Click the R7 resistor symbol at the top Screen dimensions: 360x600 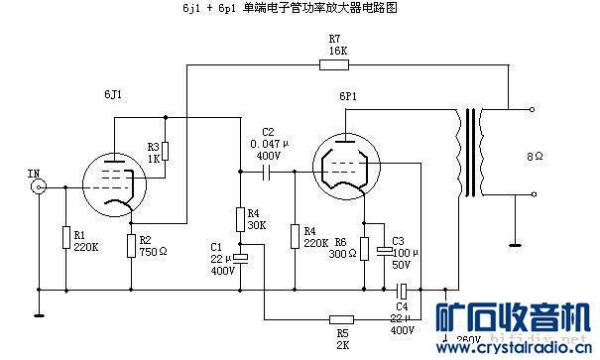pyautogui.click(x=334, y=65)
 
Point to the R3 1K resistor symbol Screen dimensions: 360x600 pyautogui.click(x=167, y=151)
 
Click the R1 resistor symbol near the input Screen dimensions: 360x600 pyautogui.click(x=65, y=239)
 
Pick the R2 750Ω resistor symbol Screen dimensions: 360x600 pyautogui.click(x=132, y=245)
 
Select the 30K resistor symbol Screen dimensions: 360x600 pyautogui.click(x=239, y=218)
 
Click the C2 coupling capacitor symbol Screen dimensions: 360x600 pyautogui.click(x=266, y=172)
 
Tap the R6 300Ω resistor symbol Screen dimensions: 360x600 pyautogui.click(x=365, y=249)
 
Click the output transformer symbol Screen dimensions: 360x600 pyautogui.click(x=472, y=159)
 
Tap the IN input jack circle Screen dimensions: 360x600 pyautogui.click(x=39, y=185)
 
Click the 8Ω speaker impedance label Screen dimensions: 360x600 pyautogui.click(x=535, y=156)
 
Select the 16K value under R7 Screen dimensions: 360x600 pyautogui.click(x=337, y=50)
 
